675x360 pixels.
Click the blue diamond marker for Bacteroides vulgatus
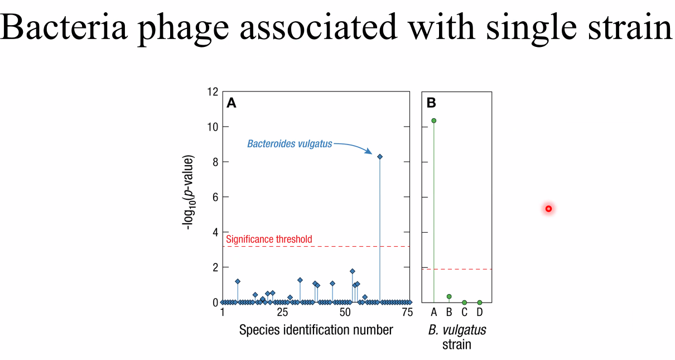click(380, 157)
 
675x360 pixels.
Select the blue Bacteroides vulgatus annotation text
click(290, 144)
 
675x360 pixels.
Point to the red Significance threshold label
click(269, 239)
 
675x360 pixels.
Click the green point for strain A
click(434, 121)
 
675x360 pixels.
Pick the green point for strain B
click(449, 296)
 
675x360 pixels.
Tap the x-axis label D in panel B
click(479, 311)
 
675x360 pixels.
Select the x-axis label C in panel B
click(464, 311)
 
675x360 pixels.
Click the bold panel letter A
click(231, 103)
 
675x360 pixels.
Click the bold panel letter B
click(431, 103)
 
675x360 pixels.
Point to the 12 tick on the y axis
click(212, 92)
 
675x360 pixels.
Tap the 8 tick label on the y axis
click(214, 162)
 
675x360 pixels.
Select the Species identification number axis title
click(316, 330)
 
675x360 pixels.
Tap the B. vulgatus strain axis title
click(457, 337)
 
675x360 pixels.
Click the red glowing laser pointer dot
click(548, 209)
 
